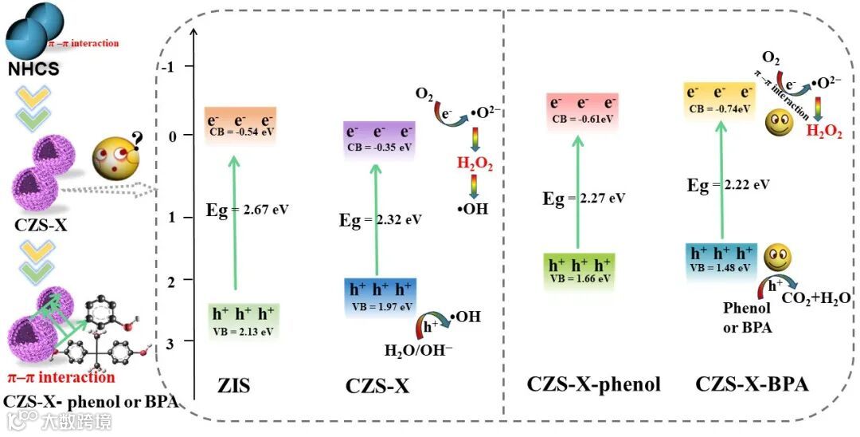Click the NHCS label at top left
[x=33, y=69]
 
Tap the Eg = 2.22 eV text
[x=729, y=184]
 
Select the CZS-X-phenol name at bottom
[x=593, y=384]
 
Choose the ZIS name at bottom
[x=234, y=387]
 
